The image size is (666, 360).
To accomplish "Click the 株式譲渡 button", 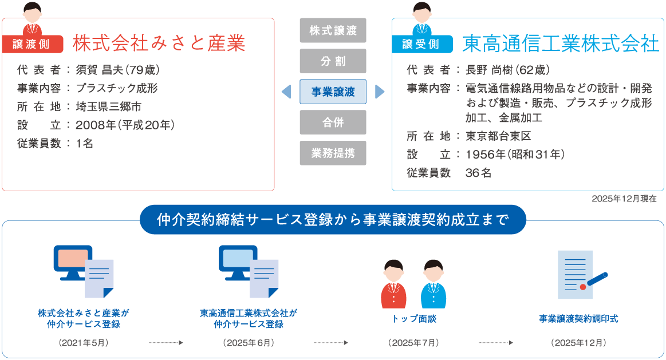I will [x=333, y=30].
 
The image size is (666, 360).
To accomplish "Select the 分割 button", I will [x=333, y=61].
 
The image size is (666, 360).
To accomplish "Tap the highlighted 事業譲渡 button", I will [x=333, y=92].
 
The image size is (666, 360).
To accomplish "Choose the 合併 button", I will [x=333, y=122].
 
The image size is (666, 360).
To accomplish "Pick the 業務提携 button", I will [x=333, y=153].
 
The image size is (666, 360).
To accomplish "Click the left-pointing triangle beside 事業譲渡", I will [x=286, y=92].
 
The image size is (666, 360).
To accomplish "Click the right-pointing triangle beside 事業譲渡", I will [x=379, y=92].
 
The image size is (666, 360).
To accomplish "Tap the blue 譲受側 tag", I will [x=420, y=44].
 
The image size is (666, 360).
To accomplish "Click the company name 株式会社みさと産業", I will [x=159, y=43].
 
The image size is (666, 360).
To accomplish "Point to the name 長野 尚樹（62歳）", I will [x=507, y=70].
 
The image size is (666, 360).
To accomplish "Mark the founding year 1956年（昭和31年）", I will [x=515, y=155].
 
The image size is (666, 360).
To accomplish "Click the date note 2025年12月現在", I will [x=624, y=199].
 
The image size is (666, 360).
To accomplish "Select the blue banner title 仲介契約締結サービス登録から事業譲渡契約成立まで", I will [x=333, y=219].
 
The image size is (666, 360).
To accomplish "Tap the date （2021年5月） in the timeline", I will [x=84, y=343].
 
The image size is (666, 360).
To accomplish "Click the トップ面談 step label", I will [x=413, y=319].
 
